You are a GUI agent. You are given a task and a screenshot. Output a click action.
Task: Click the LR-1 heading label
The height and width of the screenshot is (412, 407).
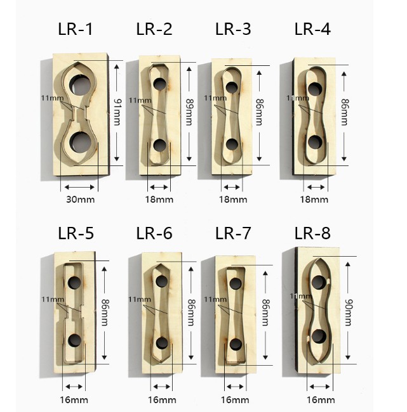76,29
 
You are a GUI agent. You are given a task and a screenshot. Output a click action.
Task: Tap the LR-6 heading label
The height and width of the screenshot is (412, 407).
154,233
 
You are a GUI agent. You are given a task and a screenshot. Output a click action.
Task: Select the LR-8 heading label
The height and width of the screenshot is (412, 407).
312,233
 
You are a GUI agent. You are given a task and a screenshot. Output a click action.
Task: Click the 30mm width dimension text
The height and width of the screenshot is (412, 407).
80,200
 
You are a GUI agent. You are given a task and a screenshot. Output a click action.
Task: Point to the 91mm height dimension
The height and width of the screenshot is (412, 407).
117,112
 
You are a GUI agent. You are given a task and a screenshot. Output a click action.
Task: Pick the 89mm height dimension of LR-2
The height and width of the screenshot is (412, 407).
190,112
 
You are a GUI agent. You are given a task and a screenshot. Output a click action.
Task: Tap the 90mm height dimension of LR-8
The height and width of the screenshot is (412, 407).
349,312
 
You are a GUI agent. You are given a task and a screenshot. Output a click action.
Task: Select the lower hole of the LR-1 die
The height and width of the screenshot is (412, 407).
80,142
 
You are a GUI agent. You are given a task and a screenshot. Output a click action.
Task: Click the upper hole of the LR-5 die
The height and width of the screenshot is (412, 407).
74,283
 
